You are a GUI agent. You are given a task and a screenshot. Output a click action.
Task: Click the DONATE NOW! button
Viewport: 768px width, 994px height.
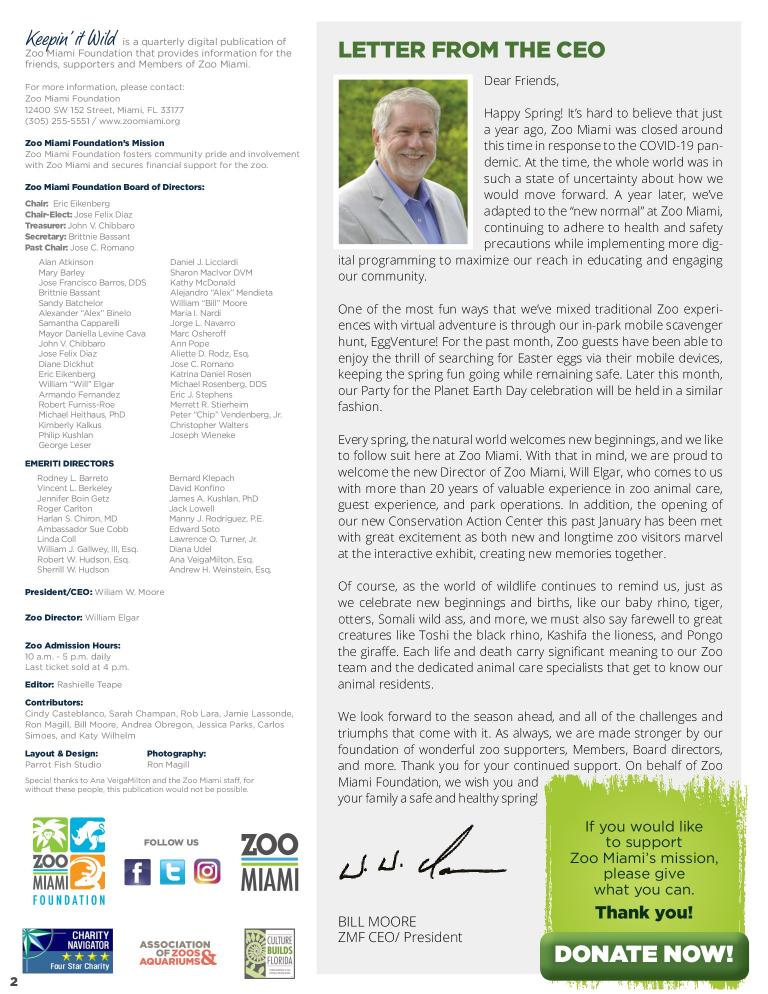tap(643, 955)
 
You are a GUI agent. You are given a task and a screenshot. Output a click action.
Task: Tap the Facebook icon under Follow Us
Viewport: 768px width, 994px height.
tap(137, 872)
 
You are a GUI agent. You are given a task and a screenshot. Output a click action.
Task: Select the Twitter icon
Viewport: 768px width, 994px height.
tap(172, 872)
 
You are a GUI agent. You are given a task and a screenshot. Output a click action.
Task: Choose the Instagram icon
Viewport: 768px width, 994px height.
tap(207, 872)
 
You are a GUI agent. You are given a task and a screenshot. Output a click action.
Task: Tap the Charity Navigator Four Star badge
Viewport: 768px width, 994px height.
tap(67, 951)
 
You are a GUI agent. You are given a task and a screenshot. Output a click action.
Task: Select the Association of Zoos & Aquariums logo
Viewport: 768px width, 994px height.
tap(177, 953)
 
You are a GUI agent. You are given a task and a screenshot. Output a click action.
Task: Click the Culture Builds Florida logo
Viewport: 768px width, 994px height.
tap(269, 953)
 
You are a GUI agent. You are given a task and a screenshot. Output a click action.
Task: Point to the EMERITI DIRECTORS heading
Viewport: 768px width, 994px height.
tap(69, 464)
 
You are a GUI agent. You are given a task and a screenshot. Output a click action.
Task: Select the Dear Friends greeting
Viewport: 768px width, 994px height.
tap(521, 81)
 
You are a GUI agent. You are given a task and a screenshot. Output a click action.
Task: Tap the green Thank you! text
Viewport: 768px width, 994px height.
tap(643, 912)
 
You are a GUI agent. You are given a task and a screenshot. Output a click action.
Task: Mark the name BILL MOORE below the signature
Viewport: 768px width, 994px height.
tap(377, 921)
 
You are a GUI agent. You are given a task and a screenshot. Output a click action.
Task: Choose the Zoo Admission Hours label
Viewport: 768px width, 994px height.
tap(72, 646)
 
